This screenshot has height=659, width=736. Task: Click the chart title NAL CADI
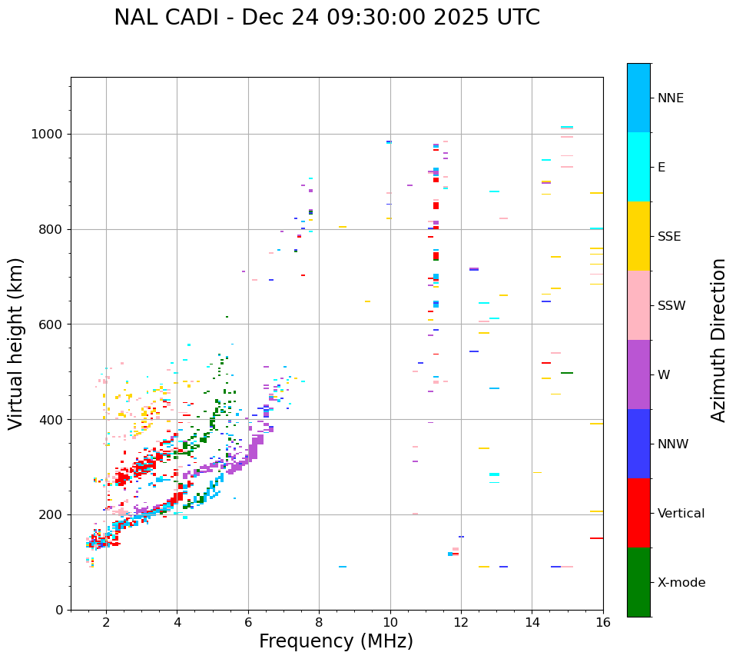[327, 18]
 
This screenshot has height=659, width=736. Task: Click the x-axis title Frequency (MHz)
[336, 641]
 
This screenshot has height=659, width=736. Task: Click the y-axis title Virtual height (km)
[16, 344]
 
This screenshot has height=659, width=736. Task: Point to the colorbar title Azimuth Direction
[718, 340]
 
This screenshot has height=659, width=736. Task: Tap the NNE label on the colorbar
[670, 98]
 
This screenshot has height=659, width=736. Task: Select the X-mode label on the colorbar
[681, 583]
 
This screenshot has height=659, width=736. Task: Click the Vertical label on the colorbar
[681, 514]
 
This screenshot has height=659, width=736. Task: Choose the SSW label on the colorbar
[671, 306]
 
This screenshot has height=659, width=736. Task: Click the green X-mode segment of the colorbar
[638, 582]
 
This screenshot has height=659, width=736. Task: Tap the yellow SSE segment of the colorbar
[638, 236]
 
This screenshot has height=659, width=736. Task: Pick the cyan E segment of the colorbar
[638, 167]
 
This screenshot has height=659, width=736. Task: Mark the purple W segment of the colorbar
[638, 374]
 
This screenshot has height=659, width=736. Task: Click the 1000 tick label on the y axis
[47, 135]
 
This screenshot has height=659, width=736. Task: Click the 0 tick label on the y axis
[58, 611]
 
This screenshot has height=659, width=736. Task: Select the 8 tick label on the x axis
[319, 622]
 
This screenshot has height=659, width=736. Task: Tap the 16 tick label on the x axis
[603, 622]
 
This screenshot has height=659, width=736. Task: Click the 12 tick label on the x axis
[461, 622]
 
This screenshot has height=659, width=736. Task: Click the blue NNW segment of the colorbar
[638, 444]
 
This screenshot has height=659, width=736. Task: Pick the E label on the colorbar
[661, 168]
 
